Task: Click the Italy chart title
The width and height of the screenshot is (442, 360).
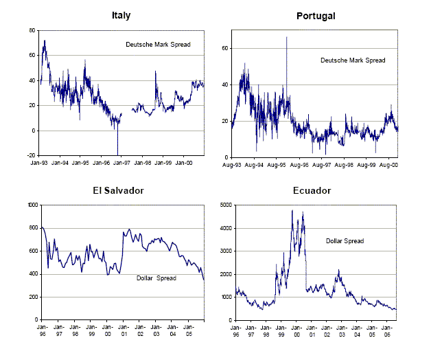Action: (x=121, y=15)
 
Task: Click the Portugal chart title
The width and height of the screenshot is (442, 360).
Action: (x=315, y=15)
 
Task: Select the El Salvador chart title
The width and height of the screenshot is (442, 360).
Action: (x=121, y=190)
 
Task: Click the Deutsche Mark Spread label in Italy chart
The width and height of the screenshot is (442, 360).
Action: (x=158, y=45)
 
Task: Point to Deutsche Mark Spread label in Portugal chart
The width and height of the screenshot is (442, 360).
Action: (x=353, y=60)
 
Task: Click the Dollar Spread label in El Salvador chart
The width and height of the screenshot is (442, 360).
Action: (x=156, y=278)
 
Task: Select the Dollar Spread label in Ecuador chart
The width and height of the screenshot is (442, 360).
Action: (x=345, y=240)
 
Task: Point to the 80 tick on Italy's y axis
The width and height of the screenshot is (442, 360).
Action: (x=32, y=30)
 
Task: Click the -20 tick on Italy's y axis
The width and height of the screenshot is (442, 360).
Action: (x=30, y=155)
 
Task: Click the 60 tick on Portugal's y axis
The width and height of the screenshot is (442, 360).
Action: (x=224, y=48)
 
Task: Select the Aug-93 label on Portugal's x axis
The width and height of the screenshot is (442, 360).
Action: (x=231, y=166)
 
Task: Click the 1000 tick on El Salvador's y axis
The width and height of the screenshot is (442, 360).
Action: (x=30, y=205)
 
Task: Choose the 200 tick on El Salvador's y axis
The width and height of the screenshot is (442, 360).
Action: (x=31, y=297)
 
